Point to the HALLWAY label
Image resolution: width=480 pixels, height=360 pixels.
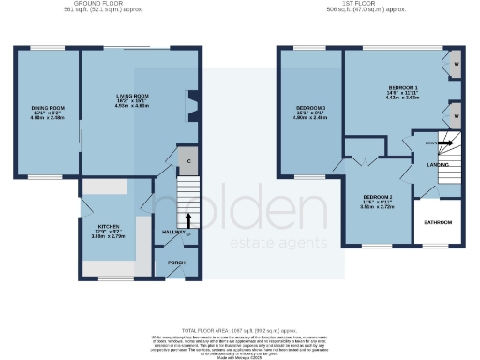[x=175, y=232]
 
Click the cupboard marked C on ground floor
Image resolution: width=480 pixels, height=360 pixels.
[x=188, y=160]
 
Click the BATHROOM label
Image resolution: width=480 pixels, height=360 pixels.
[x=438, y=222]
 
